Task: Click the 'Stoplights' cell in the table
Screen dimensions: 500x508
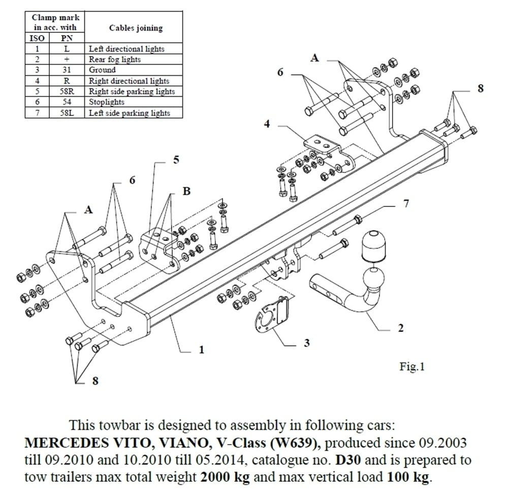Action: [x=103, y=102]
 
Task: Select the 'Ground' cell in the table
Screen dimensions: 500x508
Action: [x=102, y=70]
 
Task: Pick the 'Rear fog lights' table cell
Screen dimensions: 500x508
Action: [x=115, y=60]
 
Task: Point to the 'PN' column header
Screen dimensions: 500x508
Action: [x=66, y=38]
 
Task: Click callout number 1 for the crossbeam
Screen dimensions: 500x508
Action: [x=202, y=350]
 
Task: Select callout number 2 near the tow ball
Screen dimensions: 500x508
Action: [x=401, y=329]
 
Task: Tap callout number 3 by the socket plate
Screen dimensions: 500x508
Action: [x=306, y=343]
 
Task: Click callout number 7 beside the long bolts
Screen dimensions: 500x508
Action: [x=406, y=204]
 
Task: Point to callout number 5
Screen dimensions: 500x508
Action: [x=176, y=160]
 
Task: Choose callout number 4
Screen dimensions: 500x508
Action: [x=267, y=124]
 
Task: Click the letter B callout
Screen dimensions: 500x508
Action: [x=186, y=191]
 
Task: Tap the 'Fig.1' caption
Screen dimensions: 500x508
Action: [x=411, y=367]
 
